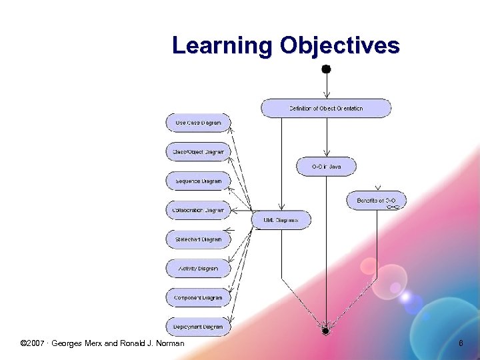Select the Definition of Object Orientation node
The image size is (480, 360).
pyautogui.click(x=326, y=108)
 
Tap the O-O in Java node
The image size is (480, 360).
pyautogui.click(x=326, y=167)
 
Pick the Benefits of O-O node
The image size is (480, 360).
pyautogui.click(x=376, y=201)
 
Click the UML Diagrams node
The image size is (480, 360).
pyautogui.click(x=281, y=220)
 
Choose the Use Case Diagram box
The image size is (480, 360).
pyautogui.click(x=198, y=123)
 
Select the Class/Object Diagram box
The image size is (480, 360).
pyautogui.click(x=198, y=152)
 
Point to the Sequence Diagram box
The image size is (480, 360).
pyautogui.click(x=198, y=181)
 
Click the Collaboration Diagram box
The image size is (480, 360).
pyautogui.click(x=198, y=210)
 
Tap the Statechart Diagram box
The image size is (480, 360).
pyautogui.click(x=198, y=239)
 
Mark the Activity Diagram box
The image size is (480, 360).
pyautogui.click(x=198, y=269)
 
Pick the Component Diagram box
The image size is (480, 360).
pyautogui.click(x=198, y=298)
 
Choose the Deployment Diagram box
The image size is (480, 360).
pyautogui.click(x=198, y=327)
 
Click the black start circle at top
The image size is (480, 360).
pyautogui.click(x=326, y=69)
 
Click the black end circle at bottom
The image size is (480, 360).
pyautogui.click(x=325, y=331)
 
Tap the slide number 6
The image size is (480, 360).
pyautogui.click(x=460, y=343)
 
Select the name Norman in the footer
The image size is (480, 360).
pyautogui.click(x=169, y=343)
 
